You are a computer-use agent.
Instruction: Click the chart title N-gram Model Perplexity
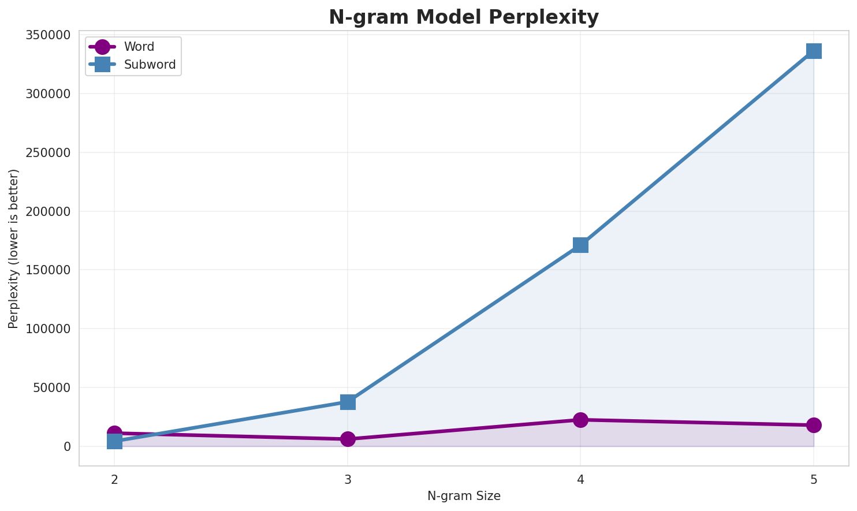click(x=464, y=17)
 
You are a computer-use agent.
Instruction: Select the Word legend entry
click(x=139, y=47)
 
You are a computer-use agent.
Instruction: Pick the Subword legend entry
click(x=150, y=65)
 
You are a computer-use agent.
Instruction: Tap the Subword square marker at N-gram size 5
click(x=814, y=51)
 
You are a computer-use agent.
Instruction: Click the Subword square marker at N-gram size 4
click(x=580, y=245)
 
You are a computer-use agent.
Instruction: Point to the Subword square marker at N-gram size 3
click(x=348, y=402)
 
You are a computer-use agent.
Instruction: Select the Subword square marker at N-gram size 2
click(x=114, y=442)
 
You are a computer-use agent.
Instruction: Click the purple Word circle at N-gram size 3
click(x=348, y=439)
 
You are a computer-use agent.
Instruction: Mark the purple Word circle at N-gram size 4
click(x=580, y=420)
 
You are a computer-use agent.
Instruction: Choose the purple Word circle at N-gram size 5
click(x=814, y=425)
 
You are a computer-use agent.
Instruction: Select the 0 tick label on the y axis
click(x=68, y=447)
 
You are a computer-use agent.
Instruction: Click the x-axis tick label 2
click(x=114, y=479)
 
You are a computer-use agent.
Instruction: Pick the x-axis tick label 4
click(x=580, y=479)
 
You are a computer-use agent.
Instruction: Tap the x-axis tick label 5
click(x=814, y=479)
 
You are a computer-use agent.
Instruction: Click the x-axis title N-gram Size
click(x=464, y=496)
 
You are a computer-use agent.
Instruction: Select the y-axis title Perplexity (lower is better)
click(x=14, y=249)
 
